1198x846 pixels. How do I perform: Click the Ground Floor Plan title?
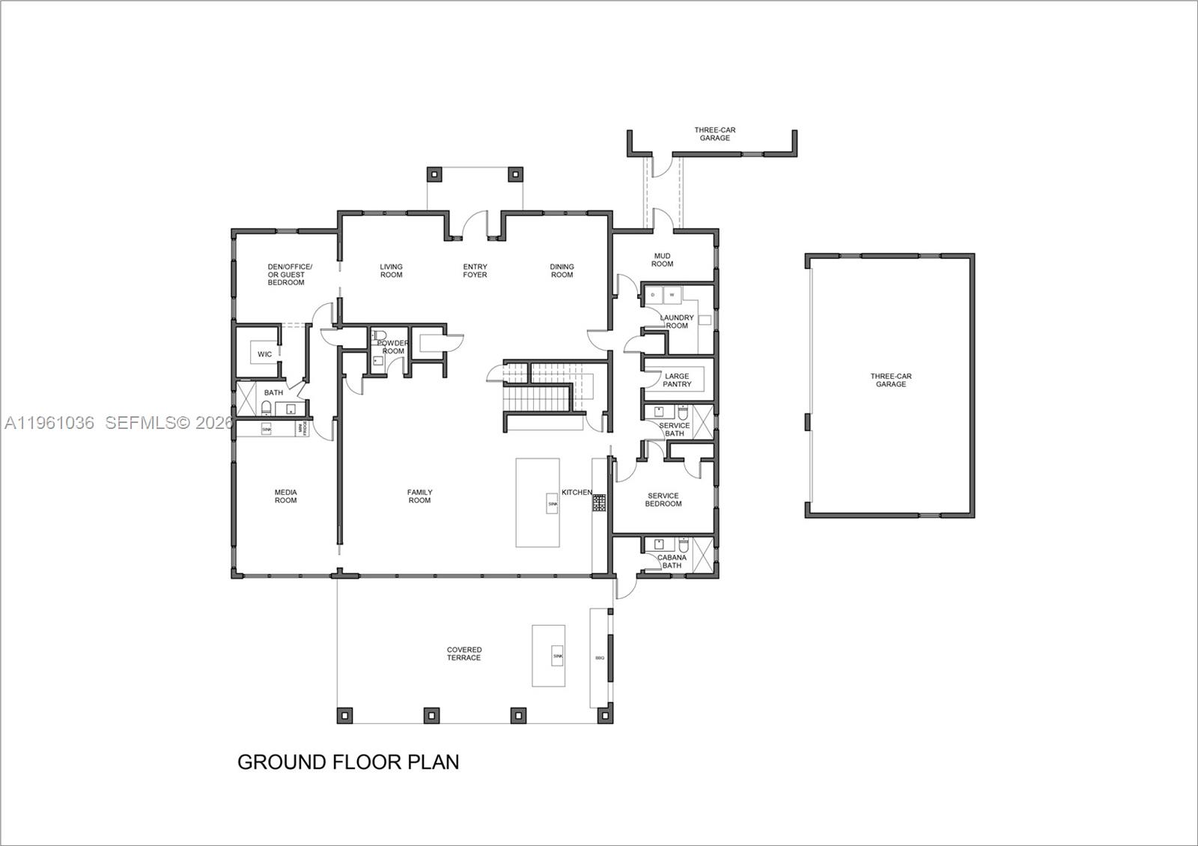pyautogui.click(x=348, y=762)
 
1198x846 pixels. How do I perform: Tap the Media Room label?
pyautogui.click(x=285, y=496)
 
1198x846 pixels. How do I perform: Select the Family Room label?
pyautogui.click(x=419, y=496)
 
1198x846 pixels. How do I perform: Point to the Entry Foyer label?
pyautogui.click(x=475, y=271)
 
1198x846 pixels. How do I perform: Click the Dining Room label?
pyautogui.click(x=562, y=271)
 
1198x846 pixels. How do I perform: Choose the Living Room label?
pyautogui.click(x=391, y=271)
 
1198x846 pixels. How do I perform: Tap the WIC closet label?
pyautogui.click(x=264, y=354)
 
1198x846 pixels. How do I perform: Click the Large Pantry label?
pyautogui.click(x=677, y=380)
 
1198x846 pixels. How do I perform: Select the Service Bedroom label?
pyautogui.click(x=663, y=499)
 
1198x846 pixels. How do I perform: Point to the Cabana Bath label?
pyautogui.click(x=672, y=562)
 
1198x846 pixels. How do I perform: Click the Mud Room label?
pyautogui.click(x=662, y=260)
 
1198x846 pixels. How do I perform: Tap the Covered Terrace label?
pyautogui.click(x=464, y=654)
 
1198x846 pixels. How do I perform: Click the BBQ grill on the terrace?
pyautogui.click(x=600, y=658)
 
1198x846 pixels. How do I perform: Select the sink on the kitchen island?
pyautogui.click(x=553, y=505)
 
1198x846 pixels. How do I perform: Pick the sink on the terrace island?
pyautogui.click(x=557, y=656)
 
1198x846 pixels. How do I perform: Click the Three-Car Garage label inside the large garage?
pyautogui.click(x=891, y=380)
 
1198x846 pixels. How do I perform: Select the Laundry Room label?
pyautogui.click(x=677, y=321)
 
